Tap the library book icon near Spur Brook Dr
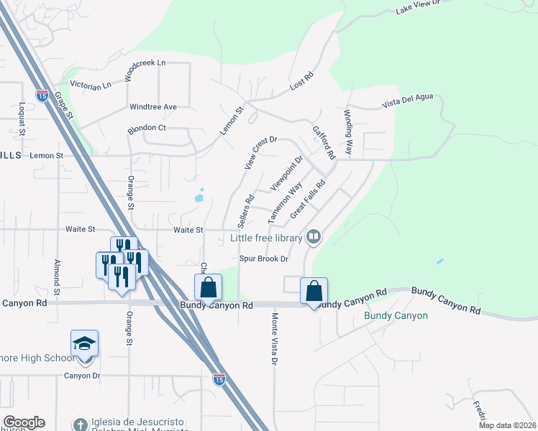pos(314,236)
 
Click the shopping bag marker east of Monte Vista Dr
pos(314,291)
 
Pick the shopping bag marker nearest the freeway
pos(207,287)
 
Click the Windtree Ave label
pos(152,107)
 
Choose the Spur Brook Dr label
pos(263,259)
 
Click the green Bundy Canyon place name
pos(396,316)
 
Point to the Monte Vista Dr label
pos(274,339)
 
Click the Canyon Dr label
pos(83,376)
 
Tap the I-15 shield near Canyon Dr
pos(219,378)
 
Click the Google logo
pos(24,422)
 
